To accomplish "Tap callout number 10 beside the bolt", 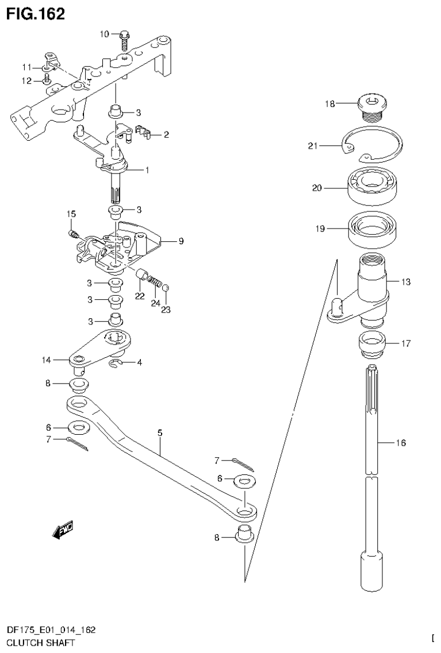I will click(x=104, y=34).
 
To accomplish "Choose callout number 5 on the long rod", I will click(x=159, y=432).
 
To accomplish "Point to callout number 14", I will click(x=46, y=360).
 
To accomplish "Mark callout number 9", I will click(x=181, y=241).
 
